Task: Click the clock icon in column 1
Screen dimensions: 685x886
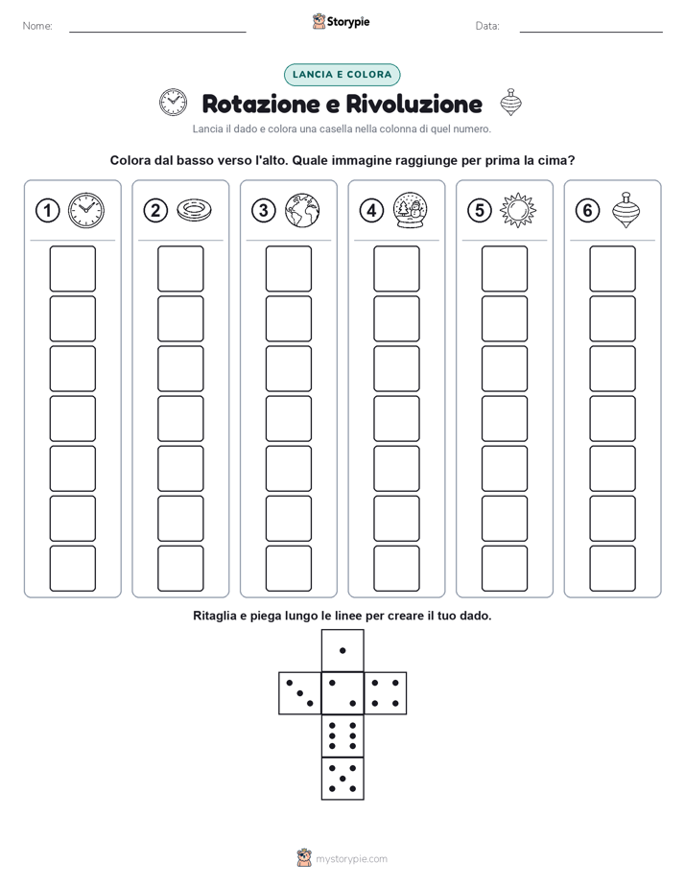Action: point(86,210)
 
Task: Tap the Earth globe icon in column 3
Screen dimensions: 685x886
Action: point(302,210)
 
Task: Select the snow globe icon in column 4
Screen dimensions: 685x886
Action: point(411,210)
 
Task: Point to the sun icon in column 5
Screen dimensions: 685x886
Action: point(518,210)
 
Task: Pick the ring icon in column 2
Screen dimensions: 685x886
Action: point(194,210)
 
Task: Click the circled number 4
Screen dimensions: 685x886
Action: point(371,211)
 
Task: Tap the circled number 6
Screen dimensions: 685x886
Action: point(587,211)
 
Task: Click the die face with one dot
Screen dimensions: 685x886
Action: point(342,650)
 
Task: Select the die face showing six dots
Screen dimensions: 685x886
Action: point(342,735)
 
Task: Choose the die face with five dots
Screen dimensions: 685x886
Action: point(342,778)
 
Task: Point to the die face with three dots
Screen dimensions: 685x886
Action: point(300,692)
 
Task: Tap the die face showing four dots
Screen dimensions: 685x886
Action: point(386,692)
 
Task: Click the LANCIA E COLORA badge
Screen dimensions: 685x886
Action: point(342,75)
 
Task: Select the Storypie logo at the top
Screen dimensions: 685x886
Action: point(342,21)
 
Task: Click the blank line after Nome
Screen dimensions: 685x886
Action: point(157,32)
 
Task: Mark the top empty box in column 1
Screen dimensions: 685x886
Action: point(72,268)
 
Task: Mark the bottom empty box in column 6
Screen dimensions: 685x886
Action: point(613,569)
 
